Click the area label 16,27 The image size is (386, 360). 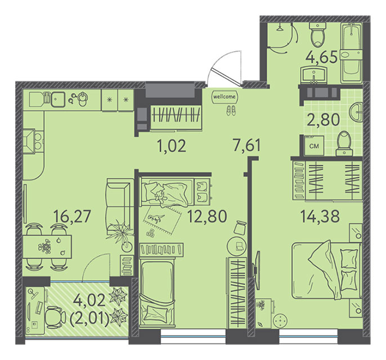click(x=72, y=217)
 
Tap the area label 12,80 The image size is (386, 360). click(x=207, y=217)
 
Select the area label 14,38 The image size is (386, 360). click(x=320, y=216)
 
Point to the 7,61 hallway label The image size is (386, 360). click(x=246, y=146)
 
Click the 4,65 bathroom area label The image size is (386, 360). click(x=321, y=58)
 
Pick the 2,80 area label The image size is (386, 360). click(x=324, y=120)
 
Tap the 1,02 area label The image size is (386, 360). click(x=172, y=146)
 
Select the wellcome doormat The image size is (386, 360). click(x=225, y=97)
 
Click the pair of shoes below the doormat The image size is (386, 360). click(x=231, y=110)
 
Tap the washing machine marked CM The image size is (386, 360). click(x=314, y=146)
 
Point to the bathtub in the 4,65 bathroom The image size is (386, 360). click(x=351, y=53)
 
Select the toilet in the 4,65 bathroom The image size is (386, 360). click(x=317, y=35)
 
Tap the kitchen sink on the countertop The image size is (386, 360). click(x=58, y=99)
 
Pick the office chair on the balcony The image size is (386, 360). click(x=56, y=317)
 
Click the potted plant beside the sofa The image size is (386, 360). click(x=120, y=234)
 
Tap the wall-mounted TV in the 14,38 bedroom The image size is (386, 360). click(x=257, y=270)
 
